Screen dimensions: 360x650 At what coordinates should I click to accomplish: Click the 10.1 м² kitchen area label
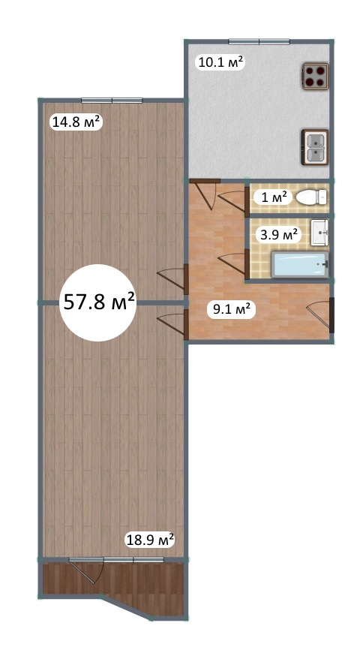click(x=220, y=62)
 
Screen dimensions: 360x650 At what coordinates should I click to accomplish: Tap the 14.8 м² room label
click(x=76, y=122)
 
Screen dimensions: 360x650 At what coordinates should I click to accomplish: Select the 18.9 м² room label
click(x=149, y=540)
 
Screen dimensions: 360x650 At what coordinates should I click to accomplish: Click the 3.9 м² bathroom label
click(x=277, y=235)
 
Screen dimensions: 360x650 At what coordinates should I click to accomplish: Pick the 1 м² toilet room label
click(x=274, y=197)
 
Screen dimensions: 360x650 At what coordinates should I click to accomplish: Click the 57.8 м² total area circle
click(x=98, y=302)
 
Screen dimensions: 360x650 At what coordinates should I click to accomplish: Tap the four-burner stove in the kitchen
click(x=315, y=77)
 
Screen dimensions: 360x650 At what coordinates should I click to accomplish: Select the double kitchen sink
click(x=315, y=147)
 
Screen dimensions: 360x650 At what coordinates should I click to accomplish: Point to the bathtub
click(x=300, y=264)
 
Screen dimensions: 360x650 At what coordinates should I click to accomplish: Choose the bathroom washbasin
click(x=319, y=233)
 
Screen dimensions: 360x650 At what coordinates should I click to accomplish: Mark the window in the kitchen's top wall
click(x=259, y=41)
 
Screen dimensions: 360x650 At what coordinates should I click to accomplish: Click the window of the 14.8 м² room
click(x=112, y=101)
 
